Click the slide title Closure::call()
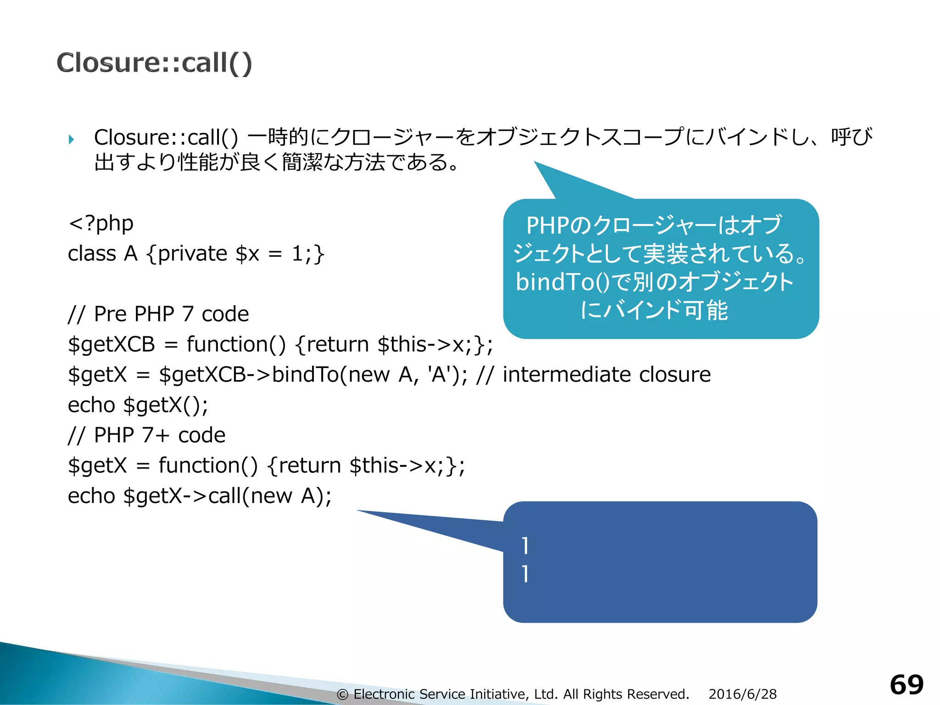click(154, 63)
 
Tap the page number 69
click(906, 685)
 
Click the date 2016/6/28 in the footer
click(742, 694)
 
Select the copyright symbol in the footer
click(342, 694)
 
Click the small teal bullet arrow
click(71, 139)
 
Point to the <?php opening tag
click(101, 224)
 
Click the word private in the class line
click(192, 254)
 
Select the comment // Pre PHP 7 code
click(158, 314)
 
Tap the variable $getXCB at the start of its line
click(112, 345)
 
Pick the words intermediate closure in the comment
click(606, 375)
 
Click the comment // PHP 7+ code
click(147, 435)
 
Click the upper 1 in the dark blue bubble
click(525, 546)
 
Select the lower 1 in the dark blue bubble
click(525, 574)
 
